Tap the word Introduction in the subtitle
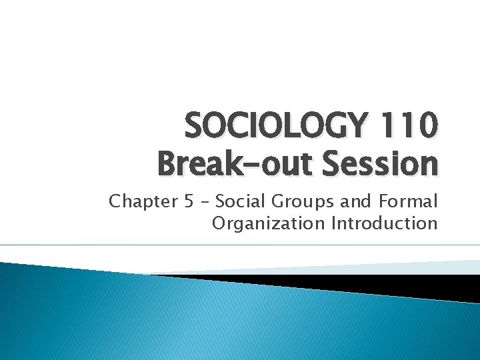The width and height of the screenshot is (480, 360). coord(384,223)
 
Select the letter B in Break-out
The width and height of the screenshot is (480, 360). coord(168,163)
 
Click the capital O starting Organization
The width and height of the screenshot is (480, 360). coord(219,223)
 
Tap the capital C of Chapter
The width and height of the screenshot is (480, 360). coord(116,201)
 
